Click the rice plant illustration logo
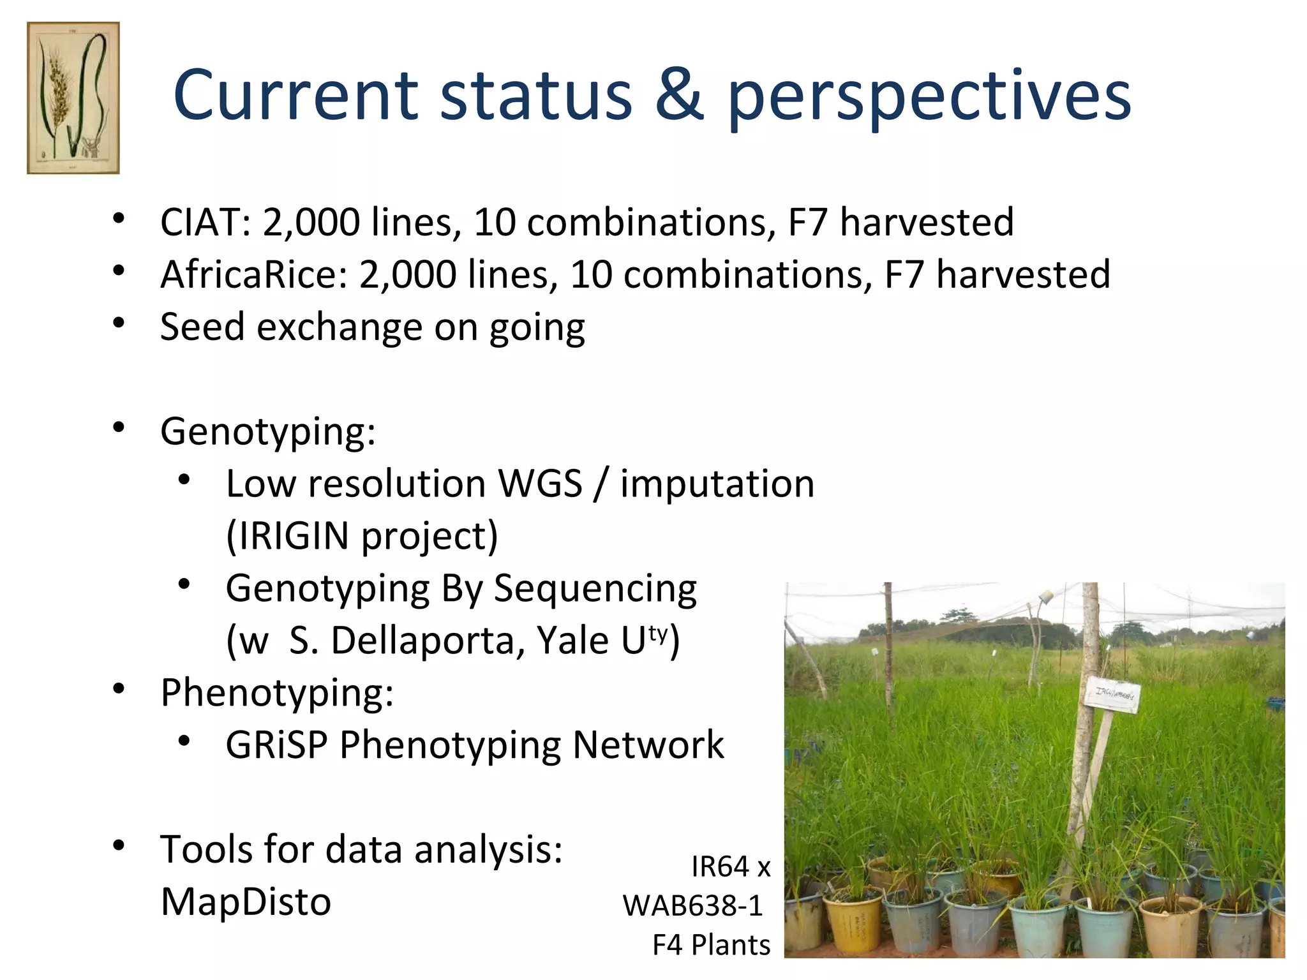coord(73,98)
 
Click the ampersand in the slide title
coord(679,96)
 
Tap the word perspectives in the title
coord(929,98)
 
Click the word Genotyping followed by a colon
coord(267,433)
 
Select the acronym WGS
coord(540,484)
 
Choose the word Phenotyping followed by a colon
coord(276,694)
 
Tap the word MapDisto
coord(246,902)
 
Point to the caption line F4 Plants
coord(711,945)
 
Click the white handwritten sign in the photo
coord(1112,694)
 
